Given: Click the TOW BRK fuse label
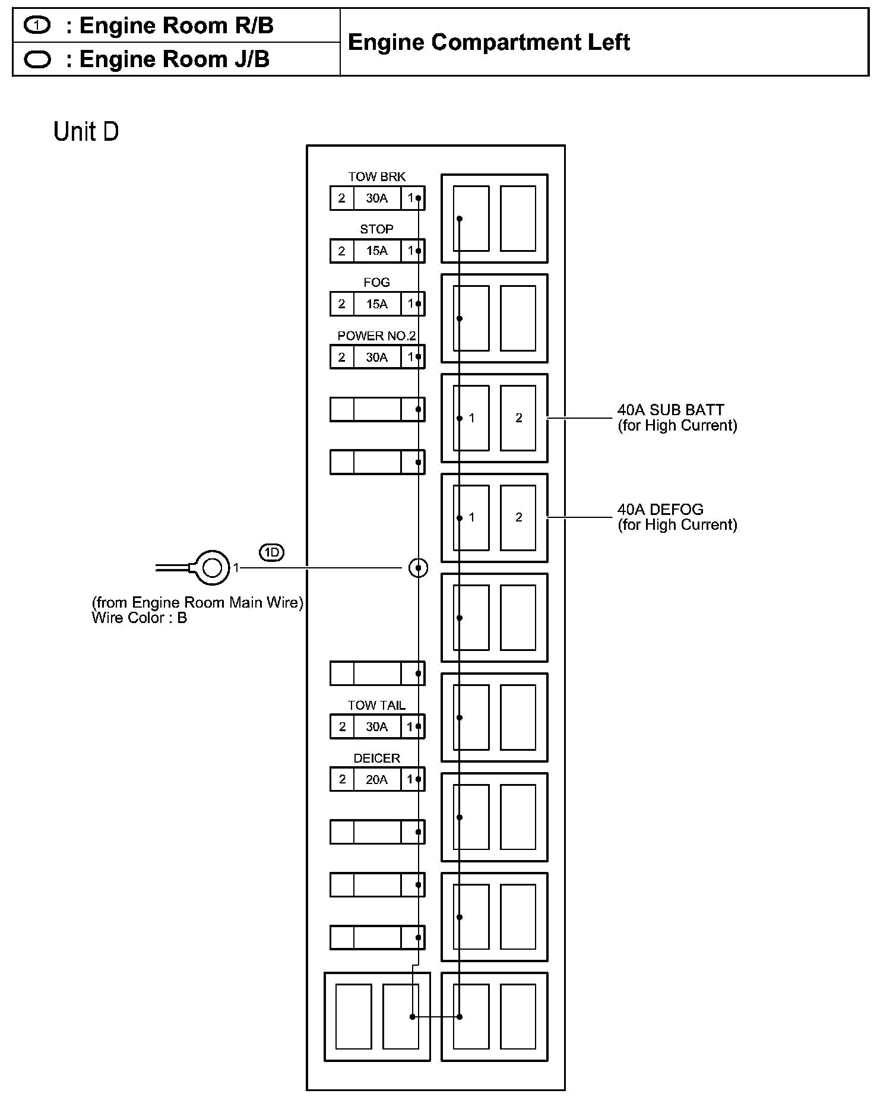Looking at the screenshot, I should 376,176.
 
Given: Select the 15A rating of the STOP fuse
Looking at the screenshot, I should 376,251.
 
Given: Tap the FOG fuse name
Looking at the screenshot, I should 376,282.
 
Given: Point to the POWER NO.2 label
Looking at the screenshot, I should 376,336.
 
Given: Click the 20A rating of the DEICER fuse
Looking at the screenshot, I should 376,779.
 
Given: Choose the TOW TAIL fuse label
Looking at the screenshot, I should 376,705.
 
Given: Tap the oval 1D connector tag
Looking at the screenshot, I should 271,553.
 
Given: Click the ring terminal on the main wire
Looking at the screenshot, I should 211,568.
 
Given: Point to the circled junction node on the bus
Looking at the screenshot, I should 418,568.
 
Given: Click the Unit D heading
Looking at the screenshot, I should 86,132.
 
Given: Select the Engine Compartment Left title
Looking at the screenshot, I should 488,42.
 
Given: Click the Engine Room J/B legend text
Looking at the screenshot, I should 174,59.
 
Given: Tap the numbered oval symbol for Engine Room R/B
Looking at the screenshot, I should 37,26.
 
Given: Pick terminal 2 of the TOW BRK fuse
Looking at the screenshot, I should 341,198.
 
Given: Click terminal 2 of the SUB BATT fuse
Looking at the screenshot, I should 518,418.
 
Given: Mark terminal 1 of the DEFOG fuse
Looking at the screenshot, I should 471,517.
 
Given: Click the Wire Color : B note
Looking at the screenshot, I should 139,618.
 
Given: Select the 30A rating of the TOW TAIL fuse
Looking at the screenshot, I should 376,726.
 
